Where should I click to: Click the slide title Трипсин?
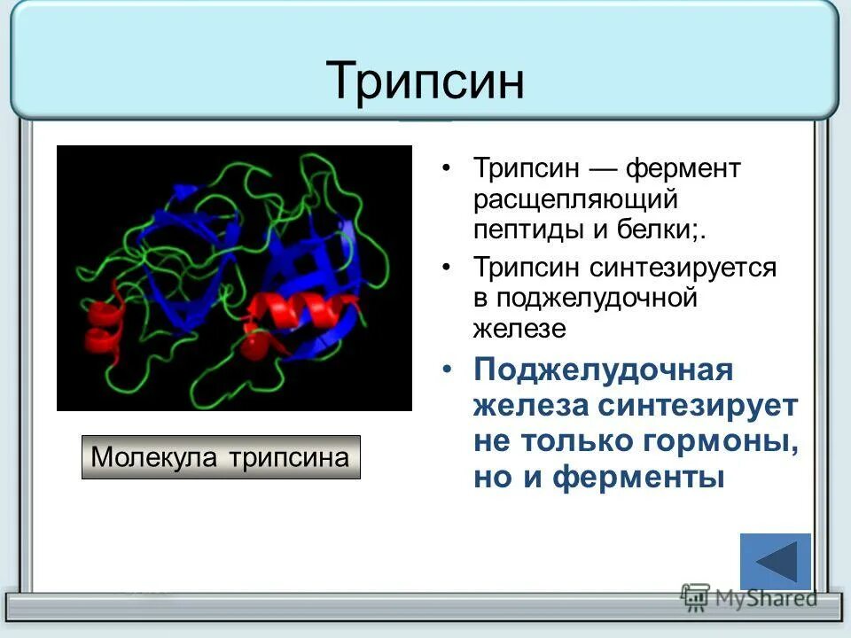pyautogui.click(x=425, y=81)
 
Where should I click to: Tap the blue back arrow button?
pyautogui.click(x=775, y=562)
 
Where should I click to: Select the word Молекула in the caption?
pyautogui.click(x=157, y=457)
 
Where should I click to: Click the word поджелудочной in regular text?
pyautogui.click(x=597, y=298)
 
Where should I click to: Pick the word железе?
pyautogui.click(x=519, y=329)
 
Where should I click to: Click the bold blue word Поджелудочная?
pyautogui.click(x=603, y=370)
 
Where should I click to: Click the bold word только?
pyautogui.click(x=579, y=440)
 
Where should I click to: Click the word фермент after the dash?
pyautogui.click(x=683, y=167)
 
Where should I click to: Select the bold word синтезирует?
pyautogui.click(x=699, y=406)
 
